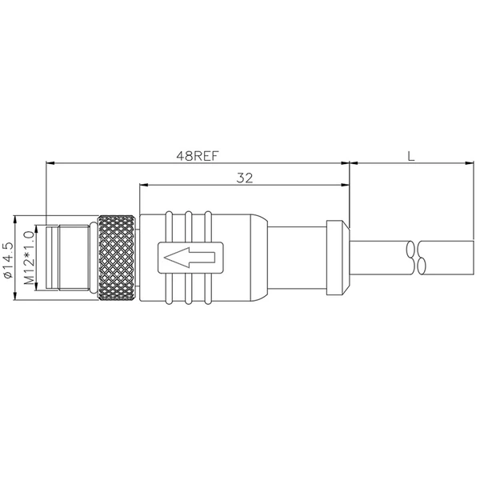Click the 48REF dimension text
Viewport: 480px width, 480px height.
coord(198,156)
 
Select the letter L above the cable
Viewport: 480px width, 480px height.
coord(410,156)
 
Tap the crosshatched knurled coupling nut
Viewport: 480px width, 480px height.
coord(118,258)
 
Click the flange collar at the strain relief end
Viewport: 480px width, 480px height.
coord(338,258)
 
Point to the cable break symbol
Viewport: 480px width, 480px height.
coord(422,258)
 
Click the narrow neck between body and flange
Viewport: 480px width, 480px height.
coord(296,258)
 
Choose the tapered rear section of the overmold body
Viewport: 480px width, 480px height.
coord(252,258)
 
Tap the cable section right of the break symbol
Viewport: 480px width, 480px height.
coord(452,258)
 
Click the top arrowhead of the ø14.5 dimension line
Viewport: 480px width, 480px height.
coord(16,218)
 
